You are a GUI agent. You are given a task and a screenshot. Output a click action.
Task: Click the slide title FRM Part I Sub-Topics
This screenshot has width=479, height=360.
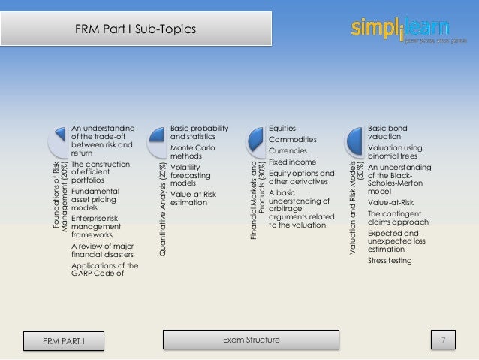[x=136, y=29]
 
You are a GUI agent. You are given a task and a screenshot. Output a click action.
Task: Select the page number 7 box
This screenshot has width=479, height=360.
[x=443, y=340]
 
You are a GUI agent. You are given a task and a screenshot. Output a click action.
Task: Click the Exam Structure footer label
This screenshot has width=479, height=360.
[x=252, y=340]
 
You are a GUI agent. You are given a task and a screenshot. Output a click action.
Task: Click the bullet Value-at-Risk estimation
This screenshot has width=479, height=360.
[x=197, y=198]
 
